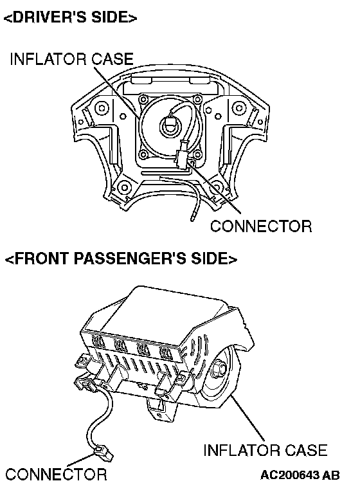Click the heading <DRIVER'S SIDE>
coord(70,17)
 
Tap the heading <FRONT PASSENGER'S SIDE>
coord(121,258)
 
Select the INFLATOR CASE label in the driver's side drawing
coord(72,59)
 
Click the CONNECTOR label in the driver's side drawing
coord(261,226)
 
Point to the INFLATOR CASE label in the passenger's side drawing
coord(265,450)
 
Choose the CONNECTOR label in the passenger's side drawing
coord(56,474)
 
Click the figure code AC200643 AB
coord(300,475)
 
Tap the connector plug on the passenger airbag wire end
coord(103,453)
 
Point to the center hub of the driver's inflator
coord(170,126)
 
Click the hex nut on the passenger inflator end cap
coord(217,367)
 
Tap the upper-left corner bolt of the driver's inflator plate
coord(143,100)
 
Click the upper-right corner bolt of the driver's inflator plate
coord(198,99)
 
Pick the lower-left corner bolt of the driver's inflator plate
coord(143,154)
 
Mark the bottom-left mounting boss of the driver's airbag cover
coord(124,187)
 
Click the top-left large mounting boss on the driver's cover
coord(102,108)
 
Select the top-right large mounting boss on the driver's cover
coord(239,107)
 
